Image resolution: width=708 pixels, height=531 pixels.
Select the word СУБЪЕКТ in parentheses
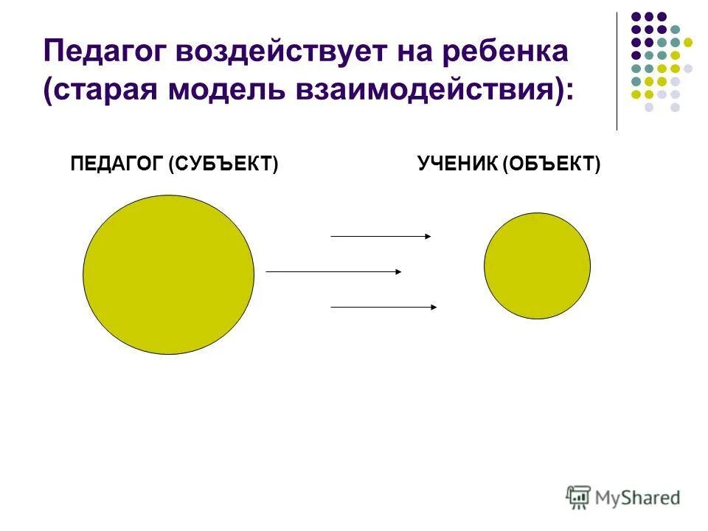(x=223, y=164)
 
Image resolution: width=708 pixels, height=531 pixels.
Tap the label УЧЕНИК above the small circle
(x=458, y=164)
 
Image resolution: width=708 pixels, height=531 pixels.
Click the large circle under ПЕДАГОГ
(x=168, y=274)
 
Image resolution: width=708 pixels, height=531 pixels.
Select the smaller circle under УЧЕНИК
(x=537, y=265)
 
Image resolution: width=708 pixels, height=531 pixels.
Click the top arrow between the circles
(x=381, y=236)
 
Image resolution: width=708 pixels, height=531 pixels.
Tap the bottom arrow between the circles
(x=383, y=306)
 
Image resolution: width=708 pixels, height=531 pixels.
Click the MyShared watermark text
(x=639, y=498)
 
